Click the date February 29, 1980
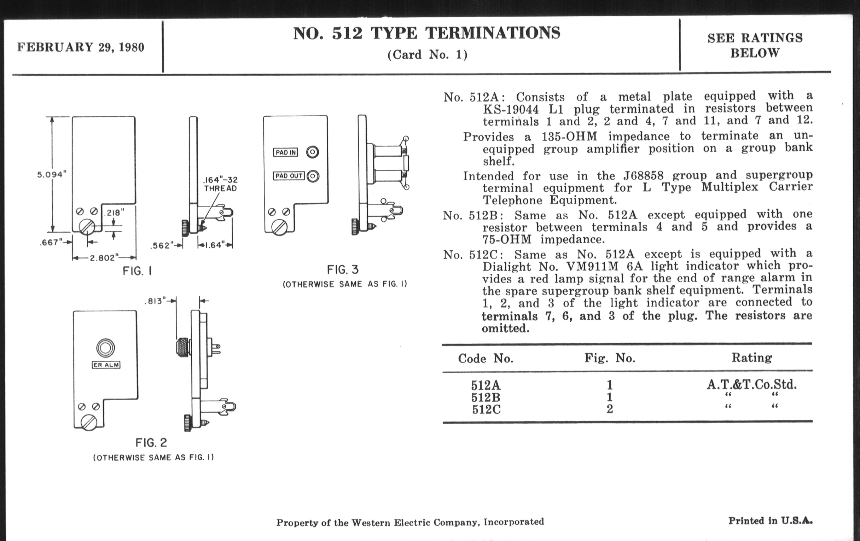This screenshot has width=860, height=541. click(81, 47)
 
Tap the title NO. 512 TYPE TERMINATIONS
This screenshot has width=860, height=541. click(426, 33)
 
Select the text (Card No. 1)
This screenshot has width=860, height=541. click(427, 55)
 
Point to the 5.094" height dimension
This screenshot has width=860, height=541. click(52, 175)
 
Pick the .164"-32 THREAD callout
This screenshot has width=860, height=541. click(220, 184)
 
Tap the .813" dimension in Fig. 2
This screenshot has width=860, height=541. click(156, 301)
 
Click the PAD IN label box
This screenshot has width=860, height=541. click(286, 152)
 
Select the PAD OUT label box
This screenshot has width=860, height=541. click(289, 176)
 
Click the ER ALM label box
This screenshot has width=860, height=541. click(106, 365)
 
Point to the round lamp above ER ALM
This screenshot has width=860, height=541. click(106, 348)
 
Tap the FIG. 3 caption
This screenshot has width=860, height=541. click(343, 269)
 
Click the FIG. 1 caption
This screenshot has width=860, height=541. click(138, 272)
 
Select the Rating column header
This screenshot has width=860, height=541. click(752, 357)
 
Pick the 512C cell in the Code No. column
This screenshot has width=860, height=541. click(486, 409)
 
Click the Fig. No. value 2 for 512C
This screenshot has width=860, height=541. click(610, 409)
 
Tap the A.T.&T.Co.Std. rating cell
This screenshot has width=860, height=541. click(751, 385)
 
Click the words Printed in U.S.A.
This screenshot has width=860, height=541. click(770, 520)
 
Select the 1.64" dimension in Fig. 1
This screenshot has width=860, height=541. click(215, 245)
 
